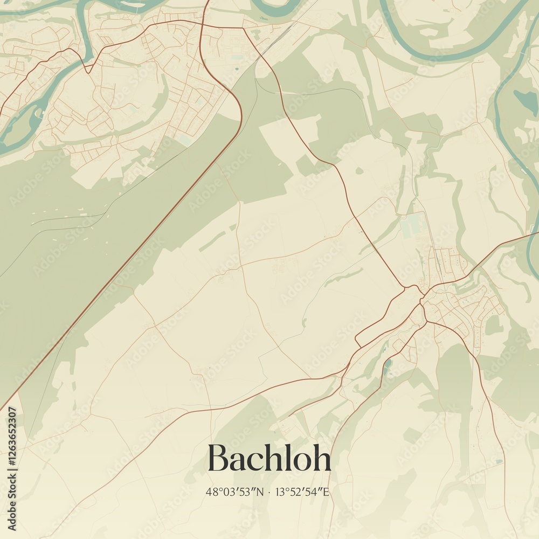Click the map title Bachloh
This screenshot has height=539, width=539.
pos(269,459)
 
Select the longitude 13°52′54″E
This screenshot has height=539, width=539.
pos(302,492)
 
